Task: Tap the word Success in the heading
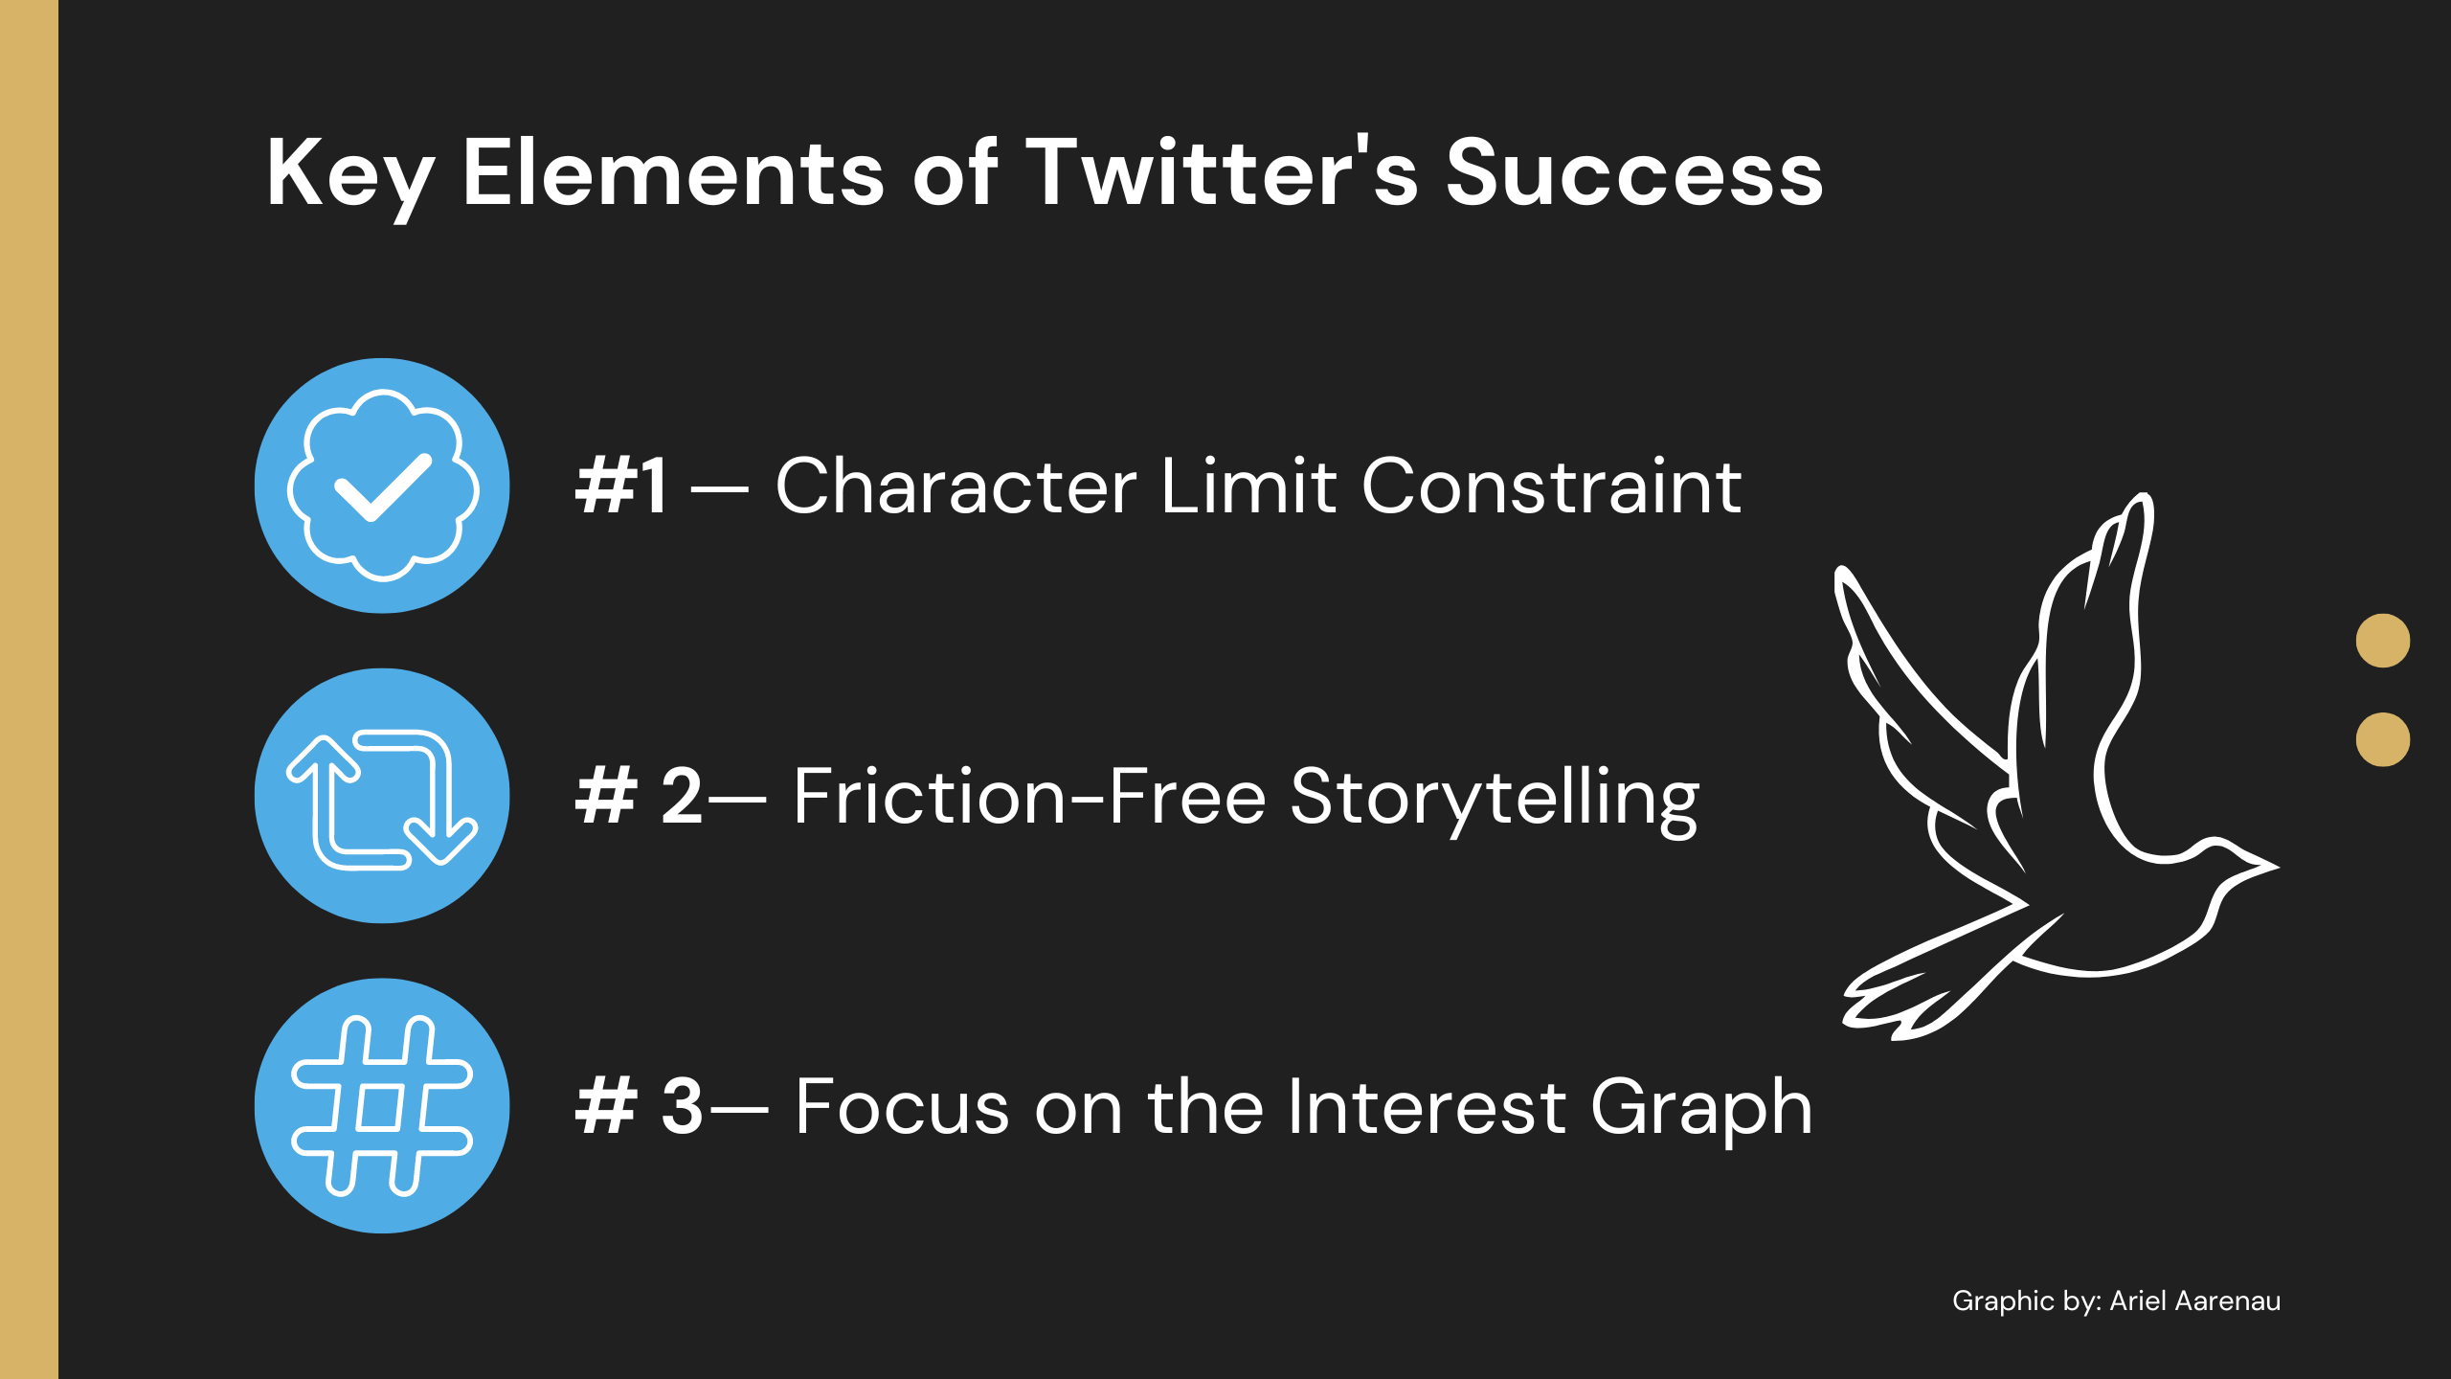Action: pyautogui.click(x=1634, y=172)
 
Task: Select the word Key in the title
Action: pyautogui.click(x=350, y=176)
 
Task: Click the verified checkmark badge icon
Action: pyautogui.click(x=382, y=486)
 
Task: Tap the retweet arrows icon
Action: pyautogui.click(x=382, y=799)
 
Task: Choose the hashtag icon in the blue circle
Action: pyautogui.click(x=382, y=1106)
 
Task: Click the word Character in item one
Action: pyautogui.click(x=956, y=486)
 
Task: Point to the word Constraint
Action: pyautogui.click(x=1551, y=486)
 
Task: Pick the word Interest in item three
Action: pyautogui.click(x=1428, y=1106)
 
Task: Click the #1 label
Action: pyautogui.click(x=621, y=486)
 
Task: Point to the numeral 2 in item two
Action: pyautogui.click(x=682, y=796)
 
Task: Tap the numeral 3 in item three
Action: pyautogui.click(x=683, y=1106)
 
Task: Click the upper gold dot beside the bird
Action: pyautogui.click(x=2383, y=640)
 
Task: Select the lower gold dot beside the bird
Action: pyautogui.click(x=2383, y=739)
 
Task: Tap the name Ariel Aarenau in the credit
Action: pyautogui.click(x=2195, y=1300)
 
